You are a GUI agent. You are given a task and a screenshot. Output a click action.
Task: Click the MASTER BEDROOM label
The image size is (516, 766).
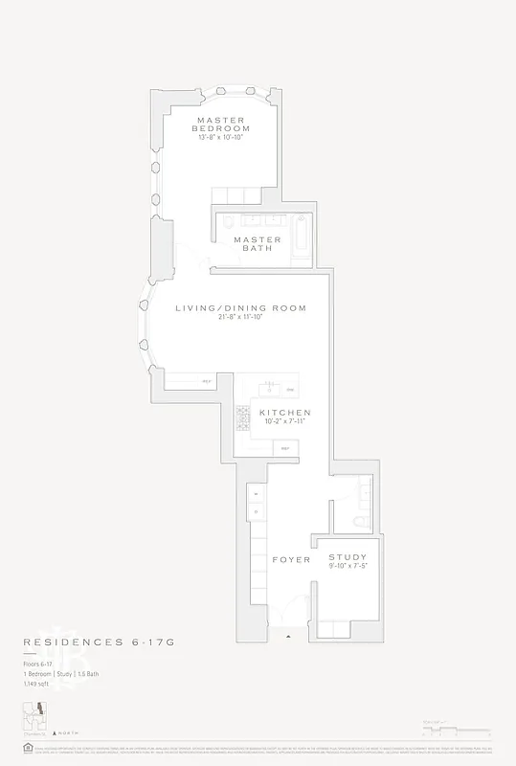click(220, 124)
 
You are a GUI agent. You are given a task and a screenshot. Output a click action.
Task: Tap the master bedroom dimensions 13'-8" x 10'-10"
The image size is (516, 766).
click(220, 137)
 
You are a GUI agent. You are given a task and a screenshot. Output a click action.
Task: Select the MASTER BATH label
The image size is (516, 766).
click(258, 243)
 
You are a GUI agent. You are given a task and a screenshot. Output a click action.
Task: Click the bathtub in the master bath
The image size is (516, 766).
click(301, 238)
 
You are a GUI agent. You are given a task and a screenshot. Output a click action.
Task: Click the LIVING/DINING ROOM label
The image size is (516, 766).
click(240, 308)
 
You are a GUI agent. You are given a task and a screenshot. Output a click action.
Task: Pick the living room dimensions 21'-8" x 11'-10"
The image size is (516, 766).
click(240, 317)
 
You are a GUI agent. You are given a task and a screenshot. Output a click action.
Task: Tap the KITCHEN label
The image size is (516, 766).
click(285, 413)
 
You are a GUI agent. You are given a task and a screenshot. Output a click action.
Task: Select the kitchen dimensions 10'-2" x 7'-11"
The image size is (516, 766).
click(285, 422)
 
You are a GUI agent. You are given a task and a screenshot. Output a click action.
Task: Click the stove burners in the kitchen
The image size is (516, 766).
click(243, 416)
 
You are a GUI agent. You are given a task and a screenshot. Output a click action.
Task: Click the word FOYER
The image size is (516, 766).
click(291, 559)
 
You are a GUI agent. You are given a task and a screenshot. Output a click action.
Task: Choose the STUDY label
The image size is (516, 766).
click(348, 556)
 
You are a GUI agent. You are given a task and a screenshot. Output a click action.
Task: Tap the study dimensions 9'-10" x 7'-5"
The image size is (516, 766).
click(348, 566)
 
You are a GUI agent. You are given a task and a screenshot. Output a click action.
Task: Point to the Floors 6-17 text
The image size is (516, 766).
click(39, 664)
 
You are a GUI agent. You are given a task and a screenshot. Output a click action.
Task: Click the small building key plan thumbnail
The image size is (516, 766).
click(35, 719)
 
